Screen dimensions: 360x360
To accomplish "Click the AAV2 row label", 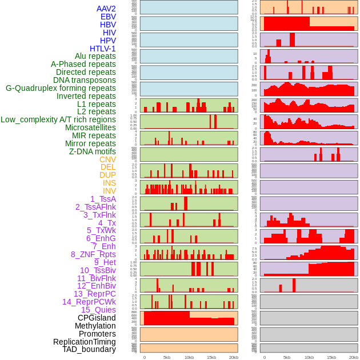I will [x=106, y=9].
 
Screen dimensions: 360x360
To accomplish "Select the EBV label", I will [x=108, y=17].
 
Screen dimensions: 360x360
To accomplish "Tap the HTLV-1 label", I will [x=103, y=49].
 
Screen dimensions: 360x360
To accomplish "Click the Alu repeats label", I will [x=95, y=56].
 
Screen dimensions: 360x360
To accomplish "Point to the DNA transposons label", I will [x=85, y=80].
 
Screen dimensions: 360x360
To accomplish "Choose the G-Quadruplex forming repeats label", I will [x=61, y=88].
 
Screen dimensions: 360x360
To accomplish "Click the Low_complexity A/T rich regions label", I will [x=58, y=119].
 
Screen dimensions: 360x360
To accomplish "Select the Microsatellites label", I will [x=90, y=127].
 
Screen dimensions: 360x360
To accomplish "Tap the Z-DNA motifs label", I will [x=93, y=151].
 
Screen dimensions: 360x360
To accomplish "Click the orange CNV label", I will [x=107, y=159].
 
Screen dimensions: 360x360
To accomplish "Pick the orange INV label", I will [x=109, y=191].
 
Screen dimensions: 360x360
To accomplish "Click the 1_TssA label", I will [x=103, y=199].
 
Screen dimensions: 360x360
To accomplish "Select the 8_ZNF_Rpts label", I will [x=93, y=254].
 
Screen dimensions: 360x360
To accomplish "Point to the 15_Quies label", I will [x=98, y=310].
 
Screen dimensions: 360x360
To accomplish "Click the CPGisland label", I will [x=97, y=318].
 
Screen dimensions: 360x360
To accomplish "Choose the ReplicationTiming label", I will [x=85, y=342].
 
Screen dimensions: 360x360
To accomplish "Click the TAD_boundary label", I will [x=89, y=349].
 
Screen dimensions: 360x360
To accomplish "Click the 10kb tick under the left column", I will [x=189, y=357].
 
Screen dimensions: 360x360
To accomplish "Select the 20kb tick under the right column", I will [x=354, y=357].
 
